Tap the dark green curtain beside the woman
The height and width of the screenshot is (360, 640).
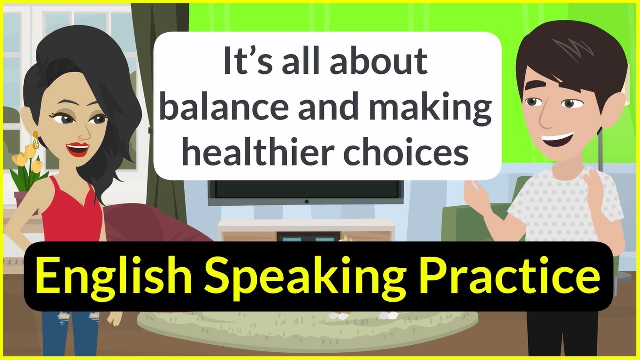[167, 125]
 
